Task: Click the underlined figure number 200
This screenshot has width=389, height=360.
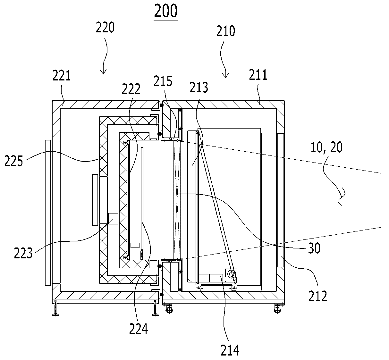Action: [x=166, y=11]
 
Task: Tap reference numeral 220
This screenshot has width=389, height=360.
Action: [x=105, y=28]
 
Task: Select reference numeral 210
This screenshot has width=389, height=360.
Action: [x=226, y=31]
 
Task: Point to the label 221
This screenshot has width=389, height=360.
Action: [x=62, y=76]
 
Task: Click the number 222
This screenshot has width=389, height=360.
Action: [x=131, y=89]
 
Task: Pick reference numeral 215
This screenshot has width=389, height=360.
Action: [x=163, y=81]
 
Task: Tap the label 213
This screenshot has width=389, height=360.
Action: [x=199, y=88]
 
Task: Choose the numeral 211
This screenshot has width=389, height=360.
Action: [x=258, y=75]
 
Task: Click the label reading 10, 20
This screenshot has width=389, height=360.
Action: [x=326, y=147]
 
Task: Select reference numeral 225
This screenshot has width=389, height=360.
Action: [x=14, y=161]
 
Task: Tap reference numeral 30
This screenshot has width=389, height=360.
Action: [x=314, y=248]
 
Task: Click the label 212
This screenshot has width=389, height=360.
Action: [x=318, y=296]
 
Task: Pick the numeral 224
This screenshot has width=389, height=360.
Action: [x=139, y=329]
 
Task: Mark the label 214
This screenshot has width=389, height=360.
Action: [x=230, y=350]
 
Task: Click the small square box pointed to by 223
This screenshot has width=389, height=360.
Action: [x=113, y=219]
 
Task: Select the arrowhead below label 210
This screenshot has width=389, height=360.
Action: [x=226, y=75]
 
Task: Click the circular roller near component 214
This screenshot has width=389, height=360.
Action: [x=232, y=274]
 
